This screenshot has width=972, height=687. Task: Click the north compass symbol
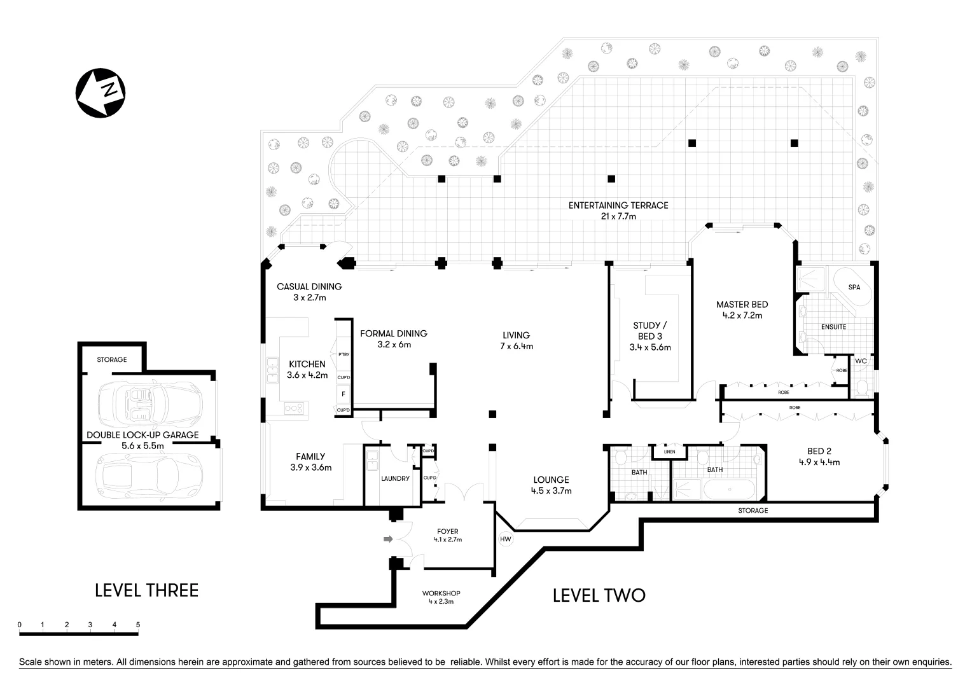tap(101, 92)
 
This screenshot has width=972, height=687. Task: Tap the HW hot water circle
tap(506, 539)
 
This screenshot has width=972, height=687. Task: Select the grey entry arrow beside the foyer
tap(388, 539)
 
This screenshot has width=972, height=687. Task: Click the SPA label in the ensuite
tap(854, 288)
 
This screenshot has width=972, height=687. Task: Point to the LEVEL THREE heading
tap(146, 590)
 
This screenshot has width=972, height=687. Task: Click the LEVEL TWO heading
tap(599, 595)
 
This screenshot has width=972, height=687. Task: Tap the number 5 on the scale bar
tap(138, 625)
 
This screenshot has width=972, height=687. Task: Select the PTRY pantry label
tap(344, 354)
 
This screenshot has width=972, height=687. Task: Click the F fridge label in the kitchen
tap(344, 394)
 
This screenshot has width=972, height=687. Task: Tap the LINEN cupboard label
tap(669, 452)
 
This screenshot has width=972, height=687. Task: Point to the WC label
tap(861, 361)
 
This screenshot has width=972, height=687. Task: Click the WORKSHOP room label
tap(441, 593)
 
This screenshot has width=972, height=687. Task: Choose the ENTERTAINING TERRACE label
tap(618, 205)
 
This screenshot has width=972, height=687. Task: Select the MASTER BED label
tap(742, 304)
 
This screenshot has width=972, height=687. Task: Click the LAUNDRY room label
tap(395, 478)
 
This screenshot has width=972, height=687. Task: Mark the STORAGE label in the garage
tap(111, 359)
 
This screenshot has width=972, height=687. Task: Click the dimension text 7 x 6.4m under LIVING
tap(516, 347)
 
